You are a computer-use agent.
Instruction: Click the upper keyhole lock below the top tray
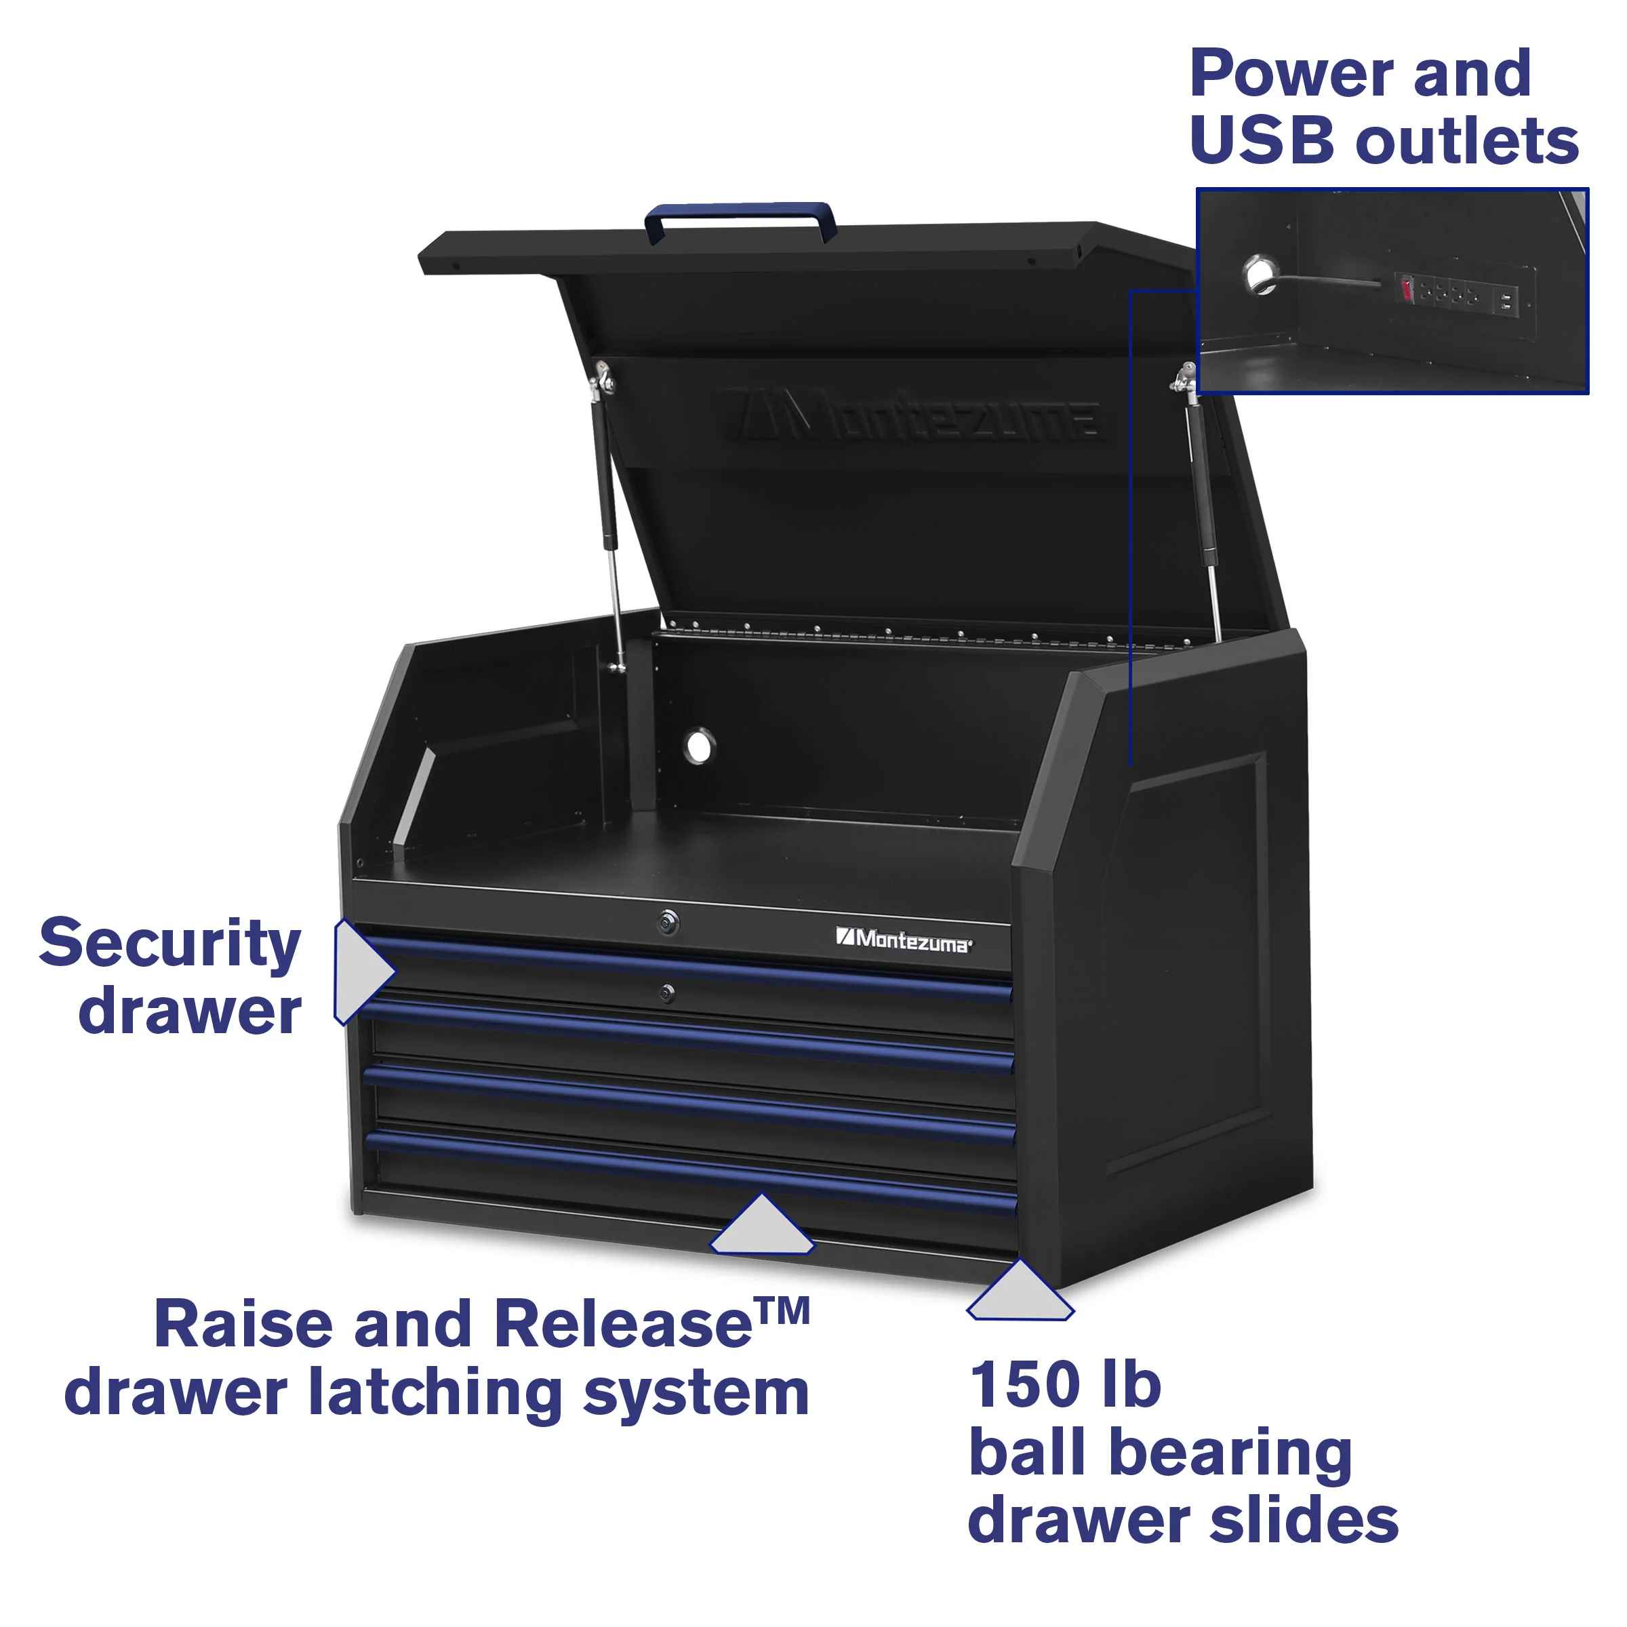pyautogui.click(x=668, y=922)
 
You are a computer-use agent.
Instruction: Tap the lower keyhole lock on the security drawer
pyautogui.click(x=667, y=995)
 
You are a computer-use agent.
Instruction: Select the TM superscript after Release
pyautogui.click(x=783, y=1311)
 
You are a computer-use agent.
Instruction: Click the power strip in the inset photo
pyautogui.click(x=1457, y=295)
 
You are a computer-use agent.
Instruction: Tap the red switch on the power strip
pyautogui.click(x=1405, y=291)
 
